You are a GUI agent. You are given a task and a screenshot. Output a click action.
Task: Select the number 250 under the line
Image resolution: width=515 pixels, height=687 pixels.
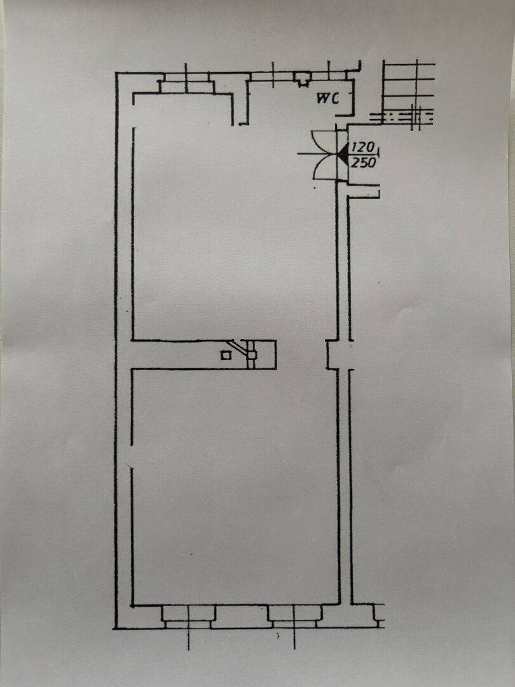[364, 162]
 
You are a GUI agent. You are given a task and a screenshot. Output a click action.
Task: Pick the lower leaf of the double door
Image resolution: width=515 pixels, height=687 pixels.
[325, 167]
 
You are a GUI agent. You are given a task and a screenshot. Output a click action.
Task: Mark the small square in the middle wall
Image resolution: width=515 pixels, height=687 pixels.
[225, 355]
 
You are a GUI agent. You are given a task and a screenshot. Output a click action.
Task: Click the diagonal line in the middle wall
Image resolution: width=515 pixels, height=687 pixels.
[238, 346]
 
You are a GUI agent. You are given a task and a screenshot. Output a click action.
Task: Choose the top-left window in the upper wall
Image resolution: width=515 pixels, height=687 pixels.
[185, 83]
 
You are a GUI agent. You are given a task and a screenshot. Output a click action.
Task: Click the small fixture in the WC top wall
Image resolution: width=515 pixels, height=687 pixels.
[302, 80]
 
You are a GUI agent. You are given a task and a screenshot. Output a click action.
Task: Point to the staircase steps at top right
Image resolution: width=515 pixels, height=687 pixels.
[408, 86]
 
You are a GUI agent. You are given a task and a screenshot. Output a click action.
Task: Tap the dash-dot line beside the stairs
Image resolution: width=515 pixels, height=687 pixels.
[401, 116]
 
